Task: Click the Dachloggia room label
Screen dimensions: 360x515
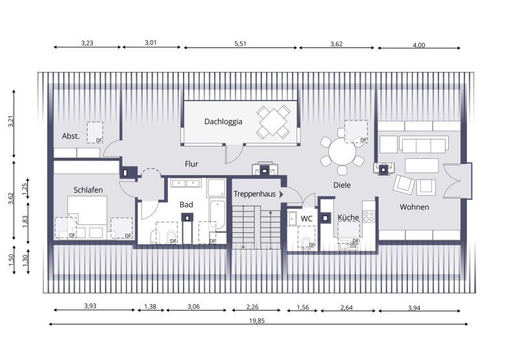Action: pos(224,121)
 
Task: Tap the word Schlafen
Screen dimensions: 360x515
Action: pos(88,190)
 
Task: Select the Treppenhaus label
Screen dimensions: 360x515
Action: pos(254,194)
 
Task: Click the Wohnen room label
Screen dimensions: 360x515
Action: pos(414,207)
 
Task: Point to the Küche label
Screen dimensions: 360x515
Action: pos(348,218)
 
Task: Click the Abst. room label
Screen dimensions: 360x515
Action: pos(71,136)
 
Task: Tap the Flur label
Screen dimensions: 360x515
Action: pos(191,164)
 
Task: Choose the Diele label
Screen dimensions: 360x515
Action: pos(342,185)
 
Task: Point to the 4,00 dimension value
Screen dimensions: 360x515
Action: pos(419,44)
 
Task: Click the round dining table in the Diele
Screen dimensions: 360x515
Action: pos(341,154)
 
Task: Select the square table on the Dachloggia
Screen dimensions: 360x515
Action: pos(273,122)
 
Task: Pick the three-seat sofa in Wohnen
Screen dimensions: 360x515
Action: pos(423,144)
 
